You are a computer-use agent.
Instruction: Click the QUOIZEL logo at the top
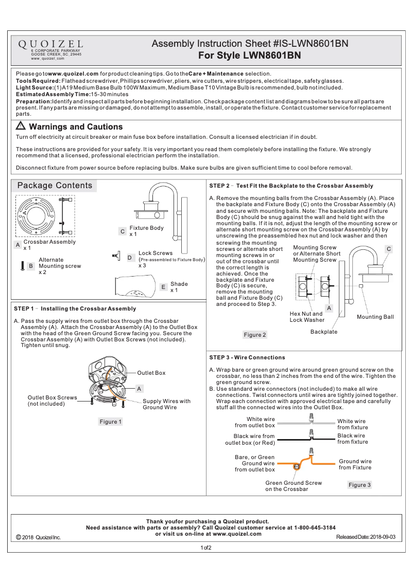coord(50,45)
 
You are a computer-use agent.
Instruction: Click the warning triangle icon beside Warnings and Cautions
coord(21,126)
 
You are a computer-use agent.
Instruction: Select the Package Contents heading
coord(55,186)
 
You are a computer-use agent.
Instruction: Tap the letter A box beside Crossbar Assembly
coord(18,245)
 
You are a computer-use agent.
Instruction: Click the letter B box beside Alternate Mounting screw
coord(31,266)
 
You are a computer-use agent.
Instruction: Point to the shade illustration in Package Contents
coord(134,286)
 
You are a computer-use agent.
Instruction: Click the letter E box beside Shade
coord(163,287)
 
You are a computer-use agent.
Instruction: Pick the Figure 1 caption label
coord(111,422)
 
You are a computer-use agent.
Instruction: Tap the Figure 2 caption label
coord(255,335)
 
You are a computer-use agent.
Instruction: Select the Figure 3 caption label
coord(359,485)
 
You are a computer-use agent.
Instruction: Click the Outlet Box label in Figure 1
coord(151,372)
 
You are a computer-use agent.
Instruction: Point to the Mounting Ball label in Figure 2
coord(375,317)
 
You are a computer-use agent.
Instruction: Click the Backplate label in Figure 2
coord(323,332)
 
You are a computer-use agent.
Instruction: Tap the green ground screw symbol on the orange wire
coord(296,467)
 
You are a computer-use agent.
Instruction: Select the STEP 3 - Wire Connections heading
coord(247,357)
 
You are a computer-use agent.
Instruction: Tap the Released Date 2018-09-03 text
coord(366,537)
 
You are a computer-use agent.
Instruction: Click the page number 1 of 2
coord(206,548)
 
